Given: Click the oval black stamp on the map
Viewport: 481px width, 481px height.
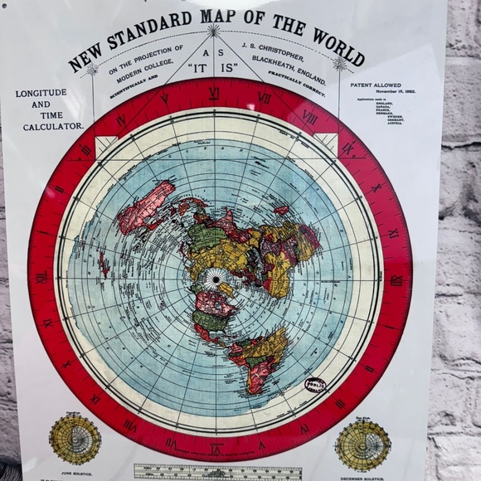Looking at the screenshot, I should (x=315, y=386).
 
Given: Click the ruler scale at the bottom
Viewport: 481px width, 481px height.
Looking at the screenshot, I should (x=217, y=472).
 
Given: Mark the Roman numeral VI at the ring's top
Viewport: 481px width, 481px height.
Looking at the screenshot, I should (x=214, y=93).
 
